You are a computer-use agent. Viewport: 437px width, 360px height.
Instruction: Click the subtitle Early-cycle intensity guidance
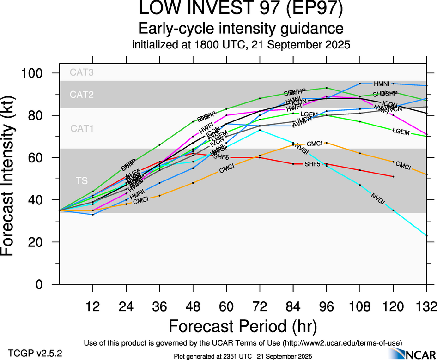(241, 28)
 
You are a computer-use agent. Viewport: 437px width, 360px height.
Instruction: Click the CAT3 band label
(82, 72)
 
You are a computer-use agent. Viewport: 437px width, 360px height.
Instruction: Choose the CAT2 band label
(82, 95)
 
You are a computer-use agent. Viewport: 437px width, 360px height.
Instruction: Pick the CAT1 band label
(82, 129)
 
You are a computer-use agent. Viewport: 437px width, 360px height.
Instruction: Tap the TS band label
(82, 181)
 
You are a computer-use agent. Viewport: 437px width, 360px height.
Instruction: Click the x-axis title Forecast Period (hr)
(243, 326)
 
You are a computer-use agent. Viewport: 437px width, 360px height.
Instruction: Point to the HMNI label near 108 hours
(382, 84)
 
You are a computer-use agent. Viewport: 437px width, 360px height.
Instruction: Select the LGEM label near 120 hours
(401, 132)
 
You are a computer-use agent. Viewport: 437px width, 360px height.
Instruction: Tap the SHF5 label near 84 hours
(313, 164)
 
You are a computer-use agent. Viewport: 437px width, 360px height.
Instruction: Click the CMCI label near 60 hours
(227, 169)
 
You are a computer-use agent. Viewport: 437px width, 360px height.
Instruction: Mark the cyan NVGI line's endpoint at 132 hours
(426, 235)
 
